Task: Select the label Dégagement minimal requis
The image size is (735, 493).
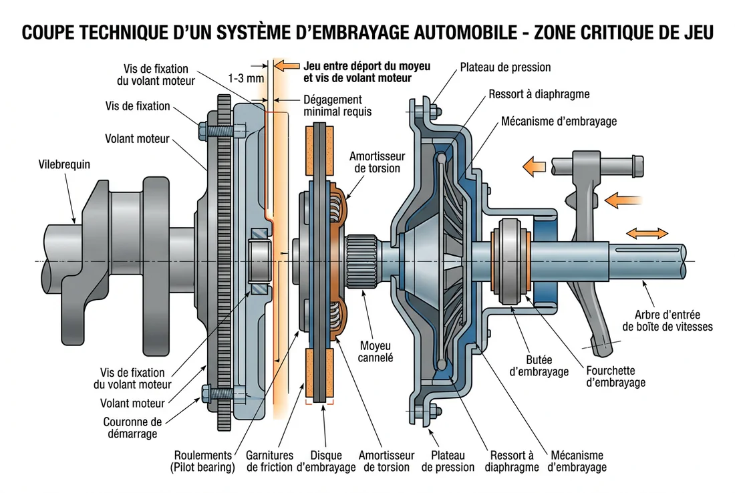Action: [x=337, y=106]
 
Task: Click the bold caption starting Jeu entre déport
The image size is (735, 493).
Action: [x=366, y=72]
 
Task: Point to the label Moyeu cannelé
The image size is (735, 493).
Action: [x=376, y=351]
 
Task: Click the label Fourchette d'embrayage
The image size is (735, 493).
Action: [x=615, y=376]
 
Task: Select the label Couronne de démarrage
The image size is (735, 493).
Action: [x=132, y=428]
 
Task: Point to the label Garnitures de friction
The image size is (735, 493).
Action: [x=269, y=461]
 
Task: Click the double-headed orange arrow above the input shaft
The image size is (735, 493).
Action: [x=647, y=233]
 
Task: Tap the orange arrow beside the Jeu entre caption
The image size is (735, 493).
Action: [x=287, y=65]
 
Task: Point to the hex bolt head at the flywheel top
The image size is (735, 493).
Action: [x=202, y=126]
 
